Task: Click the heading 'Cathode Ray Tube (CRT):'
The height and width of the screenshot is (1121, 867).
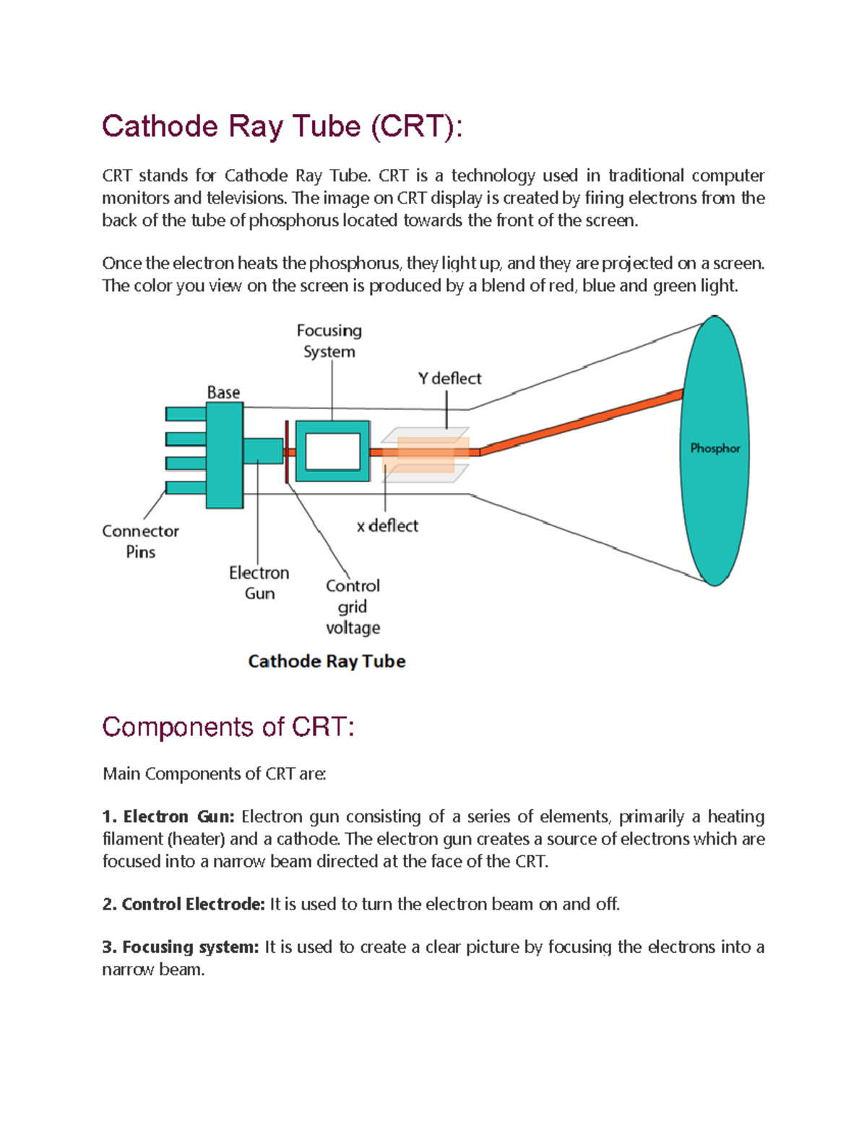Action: click(282, 126)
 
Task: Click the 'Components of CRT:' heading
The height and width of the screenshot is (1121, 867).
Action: click(228, 727)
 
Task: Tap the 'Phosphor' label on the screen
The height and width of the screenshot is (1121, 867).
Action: click(715, 448)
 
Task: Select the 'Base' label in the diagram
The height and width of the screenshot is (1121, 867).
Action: click(223, 392)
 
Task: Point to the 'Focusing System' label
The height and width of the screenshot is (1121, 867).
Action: click(329, 341)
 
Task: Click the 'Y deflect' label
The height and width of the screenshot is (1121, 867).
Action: click(449, 378)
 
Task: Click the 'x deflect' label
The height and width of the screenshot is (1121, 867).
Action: click(387, 525)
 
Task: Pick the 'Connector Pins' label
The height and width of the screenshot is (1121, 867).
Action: click(140, 541)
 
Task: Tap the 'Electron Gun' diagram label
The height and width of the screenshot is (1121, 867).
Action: click(259, 583)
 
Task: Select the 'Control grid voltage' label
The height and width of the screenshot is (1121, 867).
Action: click(353, 606)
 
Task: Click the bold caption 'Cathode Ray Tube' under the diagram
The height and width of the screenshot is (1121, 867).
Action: click(327, 661)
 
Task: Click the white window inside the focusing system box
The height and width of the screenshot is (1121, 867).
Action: click(333, 453)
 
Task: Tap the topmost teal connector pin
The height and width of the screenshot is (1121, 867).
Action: click(186, 414)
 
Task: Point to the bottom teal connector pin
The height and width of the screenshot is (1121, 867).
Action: click(186, 488)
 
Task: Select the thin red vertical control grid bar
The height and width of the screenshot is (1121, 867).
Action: click(287, 452)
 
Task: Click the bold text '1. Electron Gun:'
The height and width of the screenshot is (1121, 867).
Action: click(168, 816)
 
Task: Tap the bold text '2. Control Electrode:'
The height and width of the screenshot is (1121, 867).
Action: click(184, 904)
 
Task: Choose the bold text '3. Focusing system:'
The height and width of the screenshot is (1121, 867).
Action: click(180, 946)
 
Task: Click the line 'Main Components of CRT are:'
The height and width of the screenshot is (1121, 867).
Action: click(215, 774)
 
